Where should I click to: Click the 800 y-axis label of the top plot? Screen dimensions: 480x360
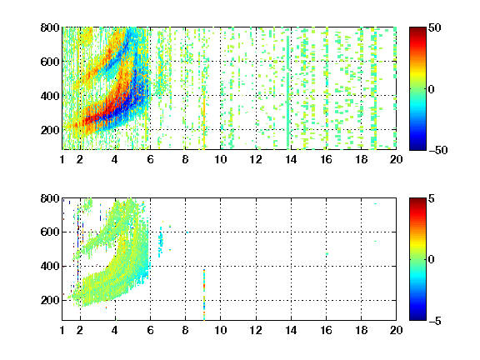click(50, 27)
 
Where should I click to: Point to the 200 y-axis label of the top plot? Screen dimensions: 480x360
click(50, 130)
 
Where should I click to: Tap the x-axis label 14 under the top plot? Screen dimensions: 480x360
click(291, 159)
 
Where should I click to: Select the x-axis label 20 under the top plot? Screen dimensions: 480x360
click(396, 159)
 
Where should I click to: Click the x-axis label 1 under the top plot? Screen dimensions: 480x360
click(62, 159)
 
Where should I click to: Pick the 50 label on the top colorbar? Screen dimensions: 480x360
click(435, 27)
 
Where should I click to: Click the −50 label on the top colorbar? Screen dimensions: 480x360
click(438, 150)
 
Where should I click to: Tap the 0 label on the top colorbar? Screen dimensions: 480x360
click(432, 89)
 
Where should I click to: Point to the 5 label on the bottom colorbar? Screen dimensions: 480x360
click(432, 198)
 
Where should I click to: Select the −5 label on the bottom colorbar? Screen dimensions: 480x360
click(435, 321)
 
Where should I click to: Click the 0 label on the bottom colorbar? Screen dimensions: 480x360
click(432, 260)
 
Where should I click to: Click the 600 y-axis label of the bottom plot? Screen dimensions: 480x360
click(50, 232)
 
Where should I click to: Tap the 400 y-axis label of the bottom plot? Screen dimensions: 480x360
click(50, 266)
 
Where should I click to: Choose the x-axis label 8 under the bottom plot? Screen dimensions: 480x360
click(185, 330)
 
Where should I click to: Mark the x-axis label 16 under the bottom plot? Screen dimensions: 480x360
click(326, 330)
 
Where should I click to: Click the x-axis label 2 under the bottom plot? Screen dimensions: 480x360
click(80, 330)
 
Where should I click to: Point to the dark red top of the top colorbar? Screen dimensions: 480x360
click(417, 31)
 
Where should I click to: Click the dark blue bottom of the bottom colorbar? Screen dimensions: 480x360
click(417, 317)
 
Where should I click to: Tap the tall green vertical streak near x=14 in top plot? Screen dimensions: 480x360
click(287, 92)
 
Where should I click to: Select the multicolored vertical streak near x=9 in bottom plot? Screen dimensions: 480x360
click(204, 294)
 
